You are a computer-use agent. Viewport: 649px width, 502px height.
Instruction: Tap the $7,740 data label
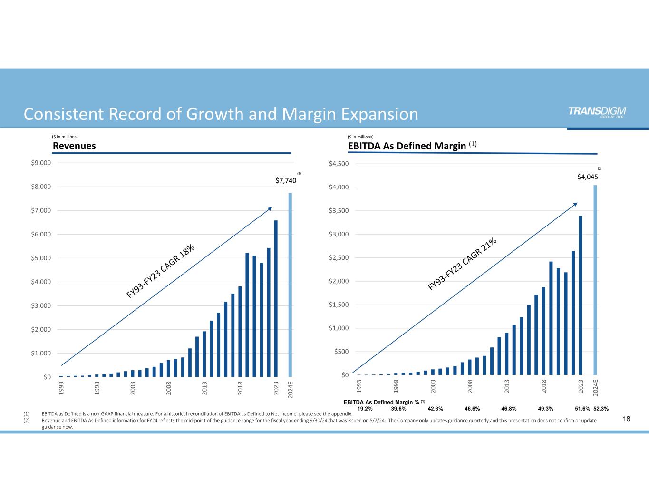point(286,181)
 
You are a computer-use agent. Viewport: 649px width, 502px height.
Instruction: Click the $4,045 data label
point(587,177)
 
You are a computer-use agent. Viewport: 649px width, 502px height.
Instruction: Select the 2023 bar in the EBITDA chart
point(581,295)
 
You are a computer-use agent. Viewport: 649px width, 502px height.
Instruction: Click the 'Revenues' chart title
point(74,146)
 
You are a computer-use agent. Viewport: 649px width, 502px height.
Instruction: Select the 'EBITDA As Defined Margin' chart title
point(407,146)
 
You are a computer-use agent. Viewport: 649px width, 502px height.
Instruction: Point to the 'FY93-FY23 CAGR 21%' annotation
point(463,264)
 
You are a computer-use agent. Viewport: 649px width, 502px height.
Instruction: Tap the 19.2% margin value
point(365,409)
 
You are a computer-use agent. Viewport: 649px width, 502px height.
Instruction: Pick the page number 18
point(626,419)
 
